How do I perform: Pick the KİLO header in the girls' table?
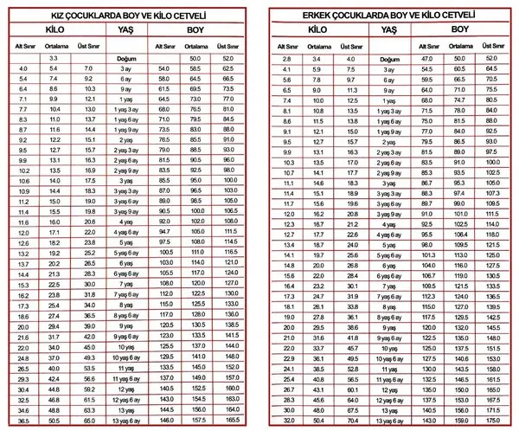[53, 29]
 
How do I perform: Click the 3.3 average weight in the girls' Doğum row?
[54, 58]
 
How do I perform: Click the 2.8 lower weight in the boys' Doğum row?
[288, 58]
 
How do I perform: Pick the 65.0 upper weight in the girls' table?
[88, 420]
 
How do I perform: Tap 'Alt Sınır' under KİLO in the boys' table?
[288, 45]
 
